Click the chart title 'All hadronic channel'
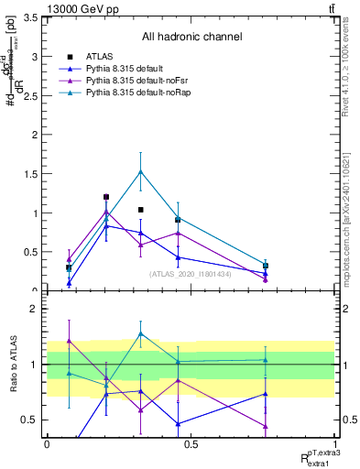point(191,37)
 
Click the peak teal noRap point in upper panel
point(140,171)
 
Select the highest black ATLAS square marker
point(106,197)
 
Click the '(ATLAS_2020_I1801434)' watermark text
point(190,274)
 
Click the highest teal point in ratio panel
point(140,333)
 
